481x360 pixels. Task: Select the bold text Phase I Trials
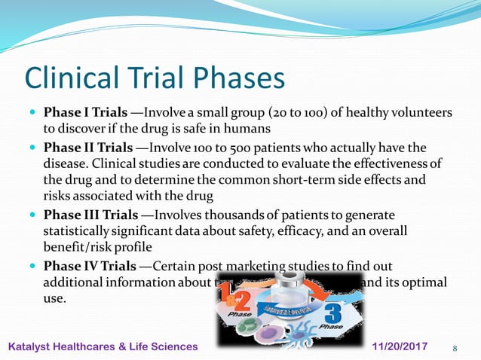(85, 112)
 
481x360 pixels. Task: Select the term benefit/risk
(76, 246)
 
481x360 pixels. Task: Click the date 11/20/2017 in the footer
(400, 346)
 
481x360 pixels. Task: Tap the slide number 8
(455, 347)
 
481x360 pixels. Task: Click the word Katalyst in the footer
(33, 346)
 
